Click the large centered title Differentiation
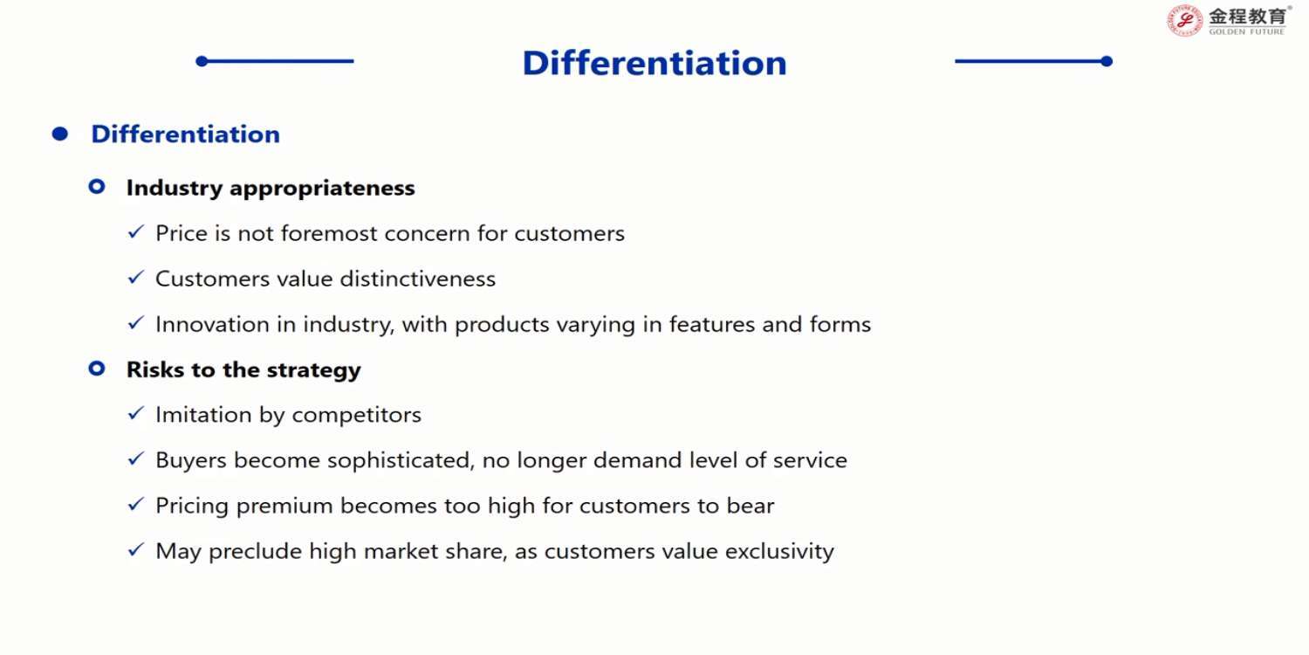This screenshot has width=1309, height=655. point(654,63)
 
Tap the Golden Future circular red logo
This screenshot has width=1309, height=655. point(1185,20)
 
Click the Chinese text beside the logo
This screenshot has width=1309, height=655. point(1247,17)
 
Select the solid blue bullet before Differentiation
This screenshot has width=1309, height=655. point(59,134)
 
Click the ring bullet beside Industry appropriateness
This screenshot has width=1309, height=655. point(97,187)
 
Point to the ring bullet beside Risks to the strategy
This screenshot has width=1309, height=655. point(97,369)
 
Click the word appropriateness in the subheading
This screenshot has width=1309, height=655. point(322,189)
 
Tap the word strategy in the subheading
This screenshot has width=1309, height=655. point(314,371)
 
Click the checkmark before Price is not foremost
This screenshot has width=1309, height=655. point(135,231)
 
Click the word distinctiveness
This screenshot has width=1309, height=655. point(418,279)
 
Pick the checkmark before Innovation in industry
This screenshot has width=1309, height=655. point(135,322)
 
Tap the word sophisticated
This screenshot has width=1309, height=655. point(400,461)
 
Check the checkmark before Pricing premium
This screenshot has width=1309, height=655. point(135,504)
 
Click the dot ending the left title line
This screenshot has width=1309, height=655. point(202,61)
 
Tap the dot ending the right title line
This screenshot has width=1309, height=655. point(1107,61)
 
